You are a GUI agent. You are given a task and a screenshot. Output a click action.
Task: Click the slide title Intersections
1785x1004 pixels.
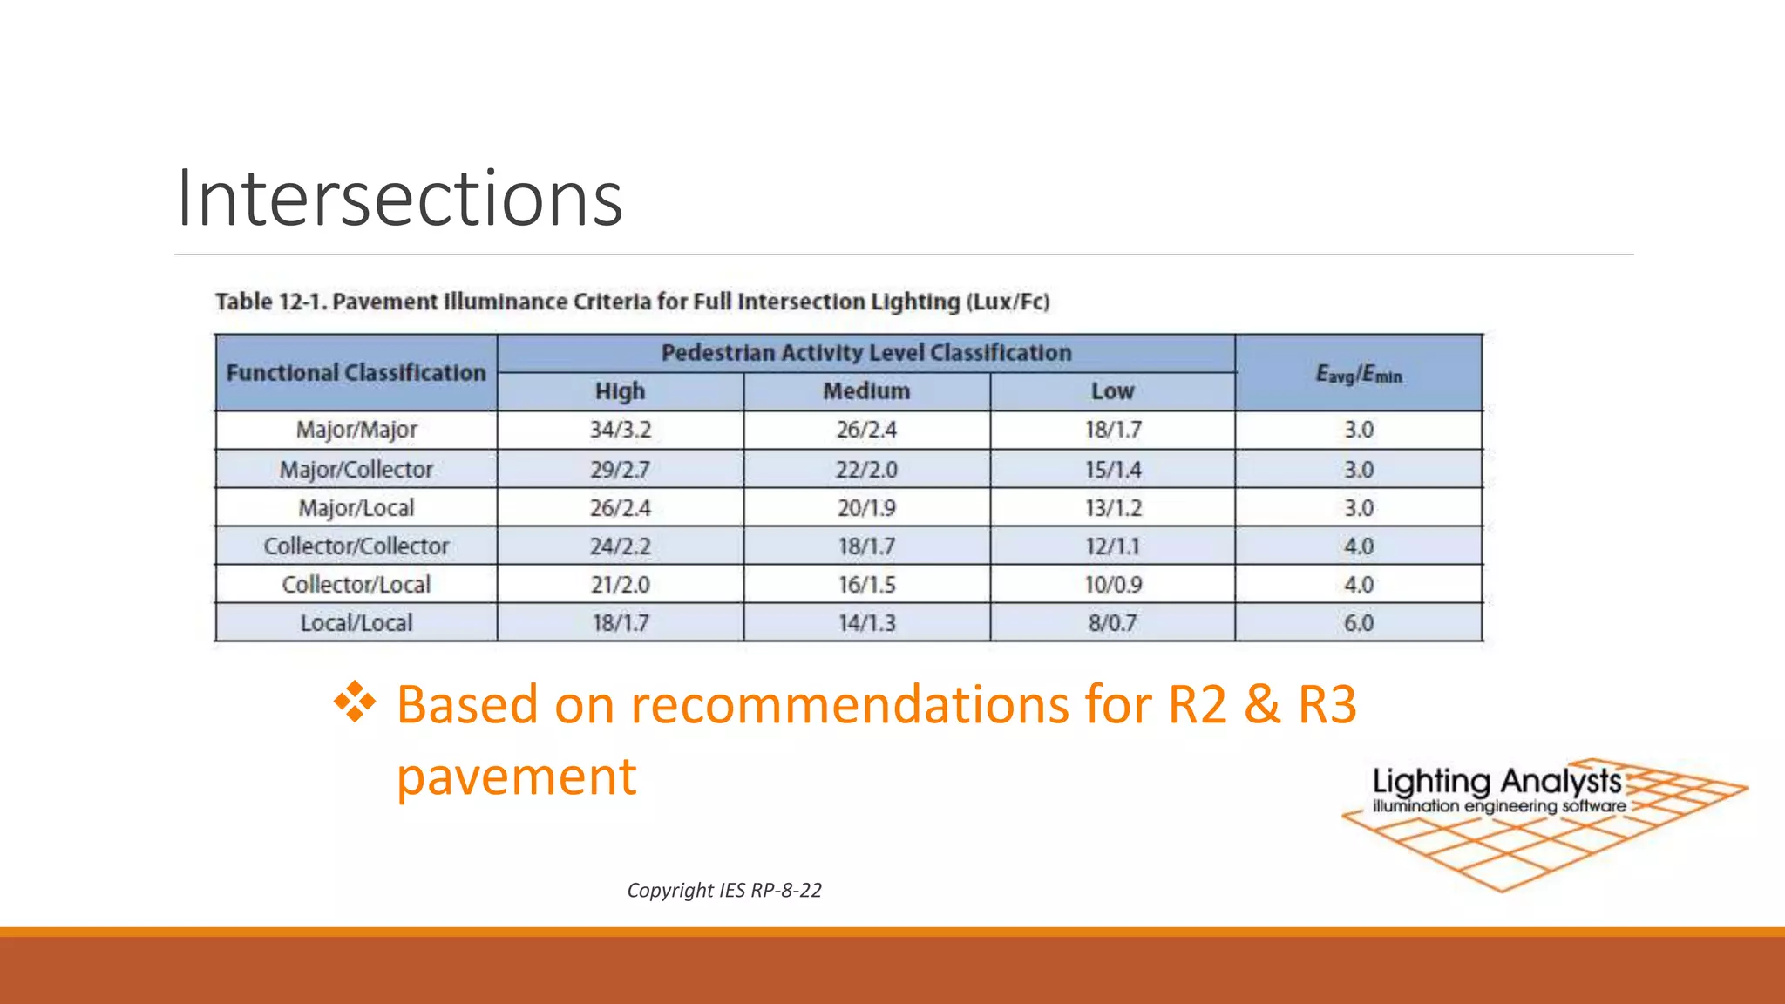[399, 199]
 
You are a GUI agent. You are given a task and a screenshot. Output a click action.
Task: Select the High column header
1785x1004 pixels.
[620, 391]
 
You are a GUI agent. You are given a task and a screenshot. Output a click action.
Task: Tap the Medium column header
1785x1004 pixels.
[866, 391]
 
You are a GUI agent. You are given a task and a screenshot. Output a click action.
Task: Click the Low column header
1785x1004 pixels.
[1112, 391]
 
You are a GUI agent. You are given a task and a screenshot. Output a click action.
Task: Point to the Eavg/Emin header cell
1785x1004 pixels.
[1358, 374]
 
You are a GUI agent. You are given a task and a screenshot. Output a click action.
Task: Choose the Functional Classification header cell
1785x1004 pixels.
[356, 373]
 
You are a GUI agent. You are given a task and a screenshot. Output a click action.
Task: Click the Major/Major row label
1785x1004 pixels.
[356, 430]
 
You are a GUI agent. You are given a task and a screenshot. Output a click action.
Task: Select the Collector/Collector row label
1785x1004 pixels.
[356, 546]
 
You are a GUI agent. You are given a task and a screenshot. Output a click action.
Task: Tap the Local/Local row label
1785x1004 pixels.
[356, 623]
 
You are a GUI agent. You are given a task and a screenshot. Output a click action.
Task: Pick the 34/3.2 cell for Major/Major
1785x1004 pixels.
[620, 430]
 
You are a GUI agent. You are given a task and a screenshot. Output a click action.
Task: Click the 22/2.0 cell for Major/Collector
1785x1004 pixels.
[866, 470]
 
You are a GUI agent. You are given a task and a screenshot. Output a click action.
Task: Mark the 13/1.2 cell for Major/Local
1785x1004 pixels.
[1113, 508]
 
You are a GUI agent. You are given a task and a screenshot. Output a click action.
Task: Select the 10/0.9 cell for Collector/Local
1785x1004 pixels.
[1113, 585]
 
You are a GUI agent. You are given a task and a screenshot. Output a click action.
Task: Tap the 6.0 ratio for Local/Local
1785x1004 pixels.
[1358, 623]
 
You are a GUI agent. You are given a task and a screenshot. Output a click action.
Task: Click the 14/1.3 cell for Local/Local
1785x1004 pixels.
[866, 623]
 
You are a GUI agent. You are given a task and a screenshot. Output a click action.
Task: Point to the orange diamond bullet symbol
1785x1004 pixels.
[355, 702]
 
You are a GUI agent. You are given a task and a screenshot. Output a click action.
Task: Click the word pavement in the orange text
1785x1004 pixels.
[516, 776]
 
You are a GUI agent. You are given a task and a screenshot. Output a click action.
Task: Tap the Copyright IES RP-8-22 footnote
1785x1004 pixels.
[723, 890]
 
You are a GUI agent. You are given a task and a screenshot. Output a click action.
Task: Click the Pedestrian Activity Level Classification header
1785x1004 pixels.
[866, 353]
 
